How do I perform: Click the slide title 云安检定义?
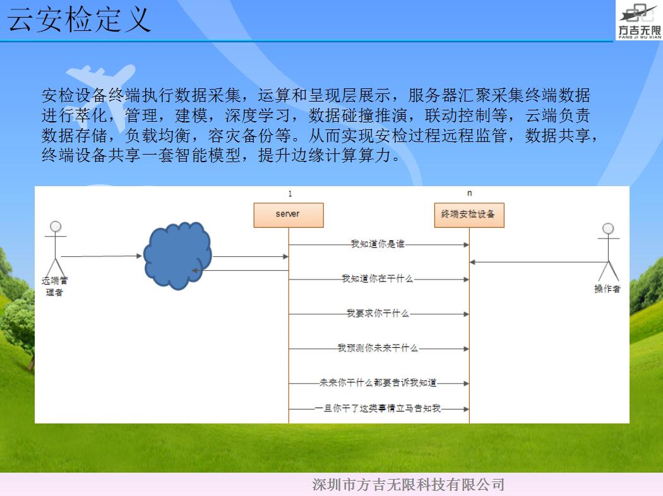(79, 20)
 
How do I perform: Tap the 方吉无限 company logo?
(639, 20)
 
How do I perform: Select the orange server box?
(289, 215)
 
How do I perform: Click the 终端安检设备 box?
(469, 215)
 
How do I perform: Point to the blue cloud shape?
(177, 256)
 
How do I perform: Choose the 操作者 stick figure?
(608, 252)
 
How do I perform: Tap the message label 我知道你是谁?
(378, 244)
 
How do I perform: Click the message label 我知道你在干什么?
(377, 278)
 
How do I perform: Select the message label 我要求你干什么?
(378, 313)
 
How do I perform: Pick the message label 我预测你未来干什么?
(378, 348)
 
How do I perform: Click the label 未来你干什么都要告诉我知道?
(378, 382)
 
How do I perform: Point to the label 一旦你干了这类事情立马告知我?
(378, 408)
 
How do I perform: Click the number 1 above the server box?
(290, 194)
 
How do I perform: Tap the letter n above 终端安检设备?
(469, 193)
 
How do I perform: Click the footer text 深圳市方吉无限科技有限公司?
(409, 485)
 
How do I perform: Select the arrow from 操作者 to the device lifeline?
(539, 263)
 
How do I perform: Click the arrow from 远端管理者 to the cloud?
(102, 256)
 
